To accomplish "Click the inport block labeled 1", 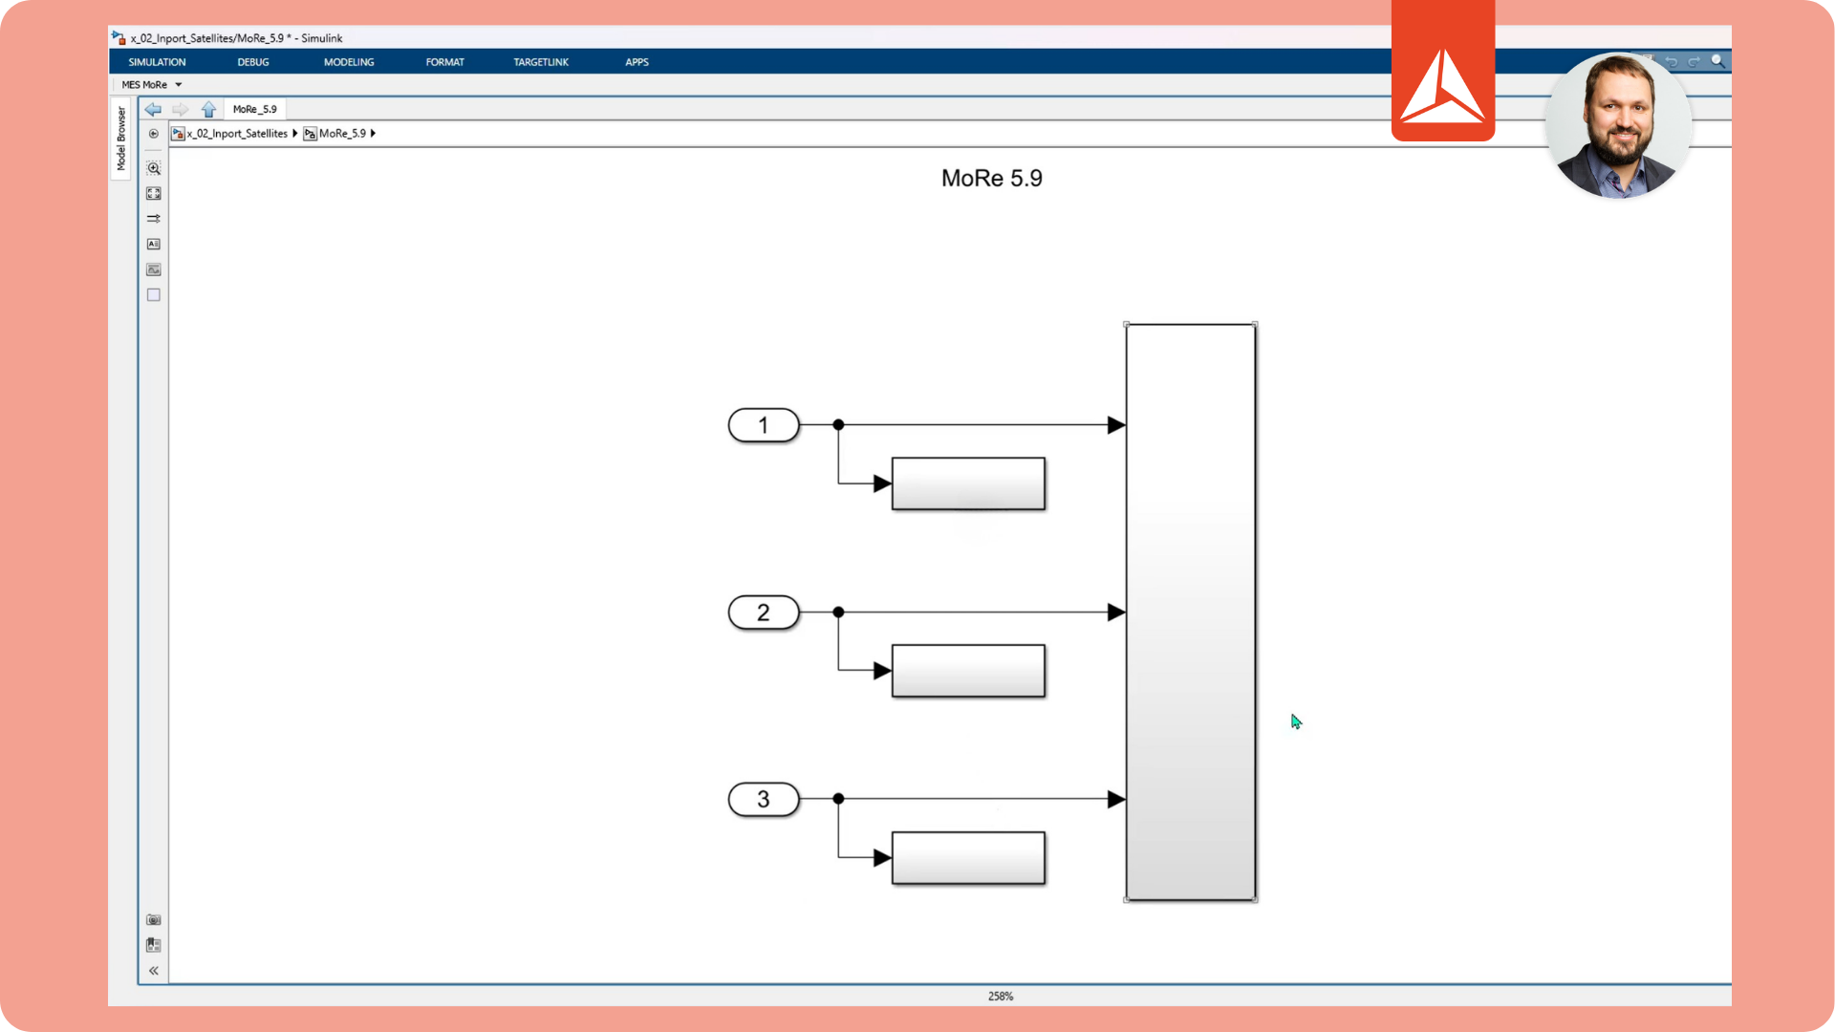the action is coord(764,425).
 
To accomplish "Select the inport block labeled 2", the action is coord(764,613).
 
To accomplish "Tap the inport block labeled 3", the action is coord(764,799).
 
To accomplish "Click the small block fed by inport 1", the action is coord(968,484).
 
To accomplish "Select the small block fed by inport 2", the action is coord(968,671).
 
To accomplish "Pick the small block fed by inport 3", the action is coord(968,858).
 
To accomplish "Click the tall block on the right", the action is coord(1191,613).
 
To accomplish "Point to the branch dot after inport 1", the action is coord(838,425).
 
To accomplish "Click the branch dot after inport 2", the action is coord(838,613).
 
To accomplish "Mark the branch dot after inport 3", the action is coord(838,799).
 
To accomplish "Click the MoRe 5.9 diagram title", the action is coord(992,179).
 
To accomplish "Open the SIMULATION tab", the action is coord(158,62).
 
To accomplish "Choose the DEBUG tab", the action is coord(253,62).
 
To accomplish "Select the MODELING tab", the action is coord(349,62).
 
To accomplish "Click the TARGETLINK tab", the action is coord(541,62).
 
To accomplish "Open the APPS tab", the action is coord(637,62).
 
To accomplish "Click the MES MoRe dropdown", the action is coord(151,85).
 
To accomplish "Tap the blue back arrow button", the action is coord(153,110).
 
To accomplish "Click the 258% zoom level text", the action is coord(1001,996).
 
